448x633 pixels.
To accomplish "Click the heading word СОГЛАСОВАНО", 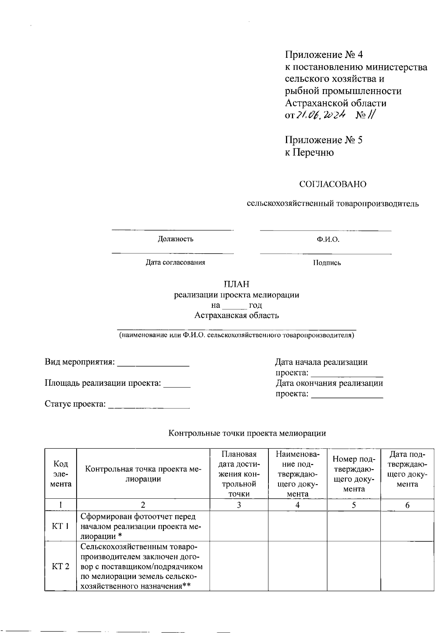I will pyautogui.click(x=333, y=184).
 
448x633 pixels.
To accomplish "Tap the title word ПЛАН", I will pyautogui.click(x=236, y=285).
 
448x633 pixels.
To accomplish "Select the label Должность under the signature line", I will pyautogui.click(x=175, y=239).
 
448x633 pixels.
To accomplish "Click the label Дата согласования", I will pyautogui.click(x=175, y=263).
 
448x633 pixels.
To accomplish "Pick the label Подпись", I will pyautogui.click(x=327, y=263).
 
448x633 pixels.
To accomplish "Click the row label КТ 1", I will pyautogui.click(x=60, y=527).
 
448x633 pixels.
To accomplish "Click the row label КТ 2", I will pyautogui.click(x=60, y=567).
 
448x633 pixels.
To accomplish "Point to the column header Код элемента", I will pyautogui.click(x=60, y=474).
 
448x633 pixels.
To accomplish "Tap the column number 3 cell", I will pyautogui.click(x=239, y=505).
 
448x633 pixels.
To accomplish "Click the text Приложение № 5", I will pyautogui.click(x=324, y=140).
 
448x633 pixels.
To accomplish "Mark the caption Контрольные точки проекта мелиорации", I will pyautogui.click(x=247, y=433).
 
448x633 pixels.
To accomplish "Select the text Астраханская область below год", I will pyautogui.click(x=236, y=316).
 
